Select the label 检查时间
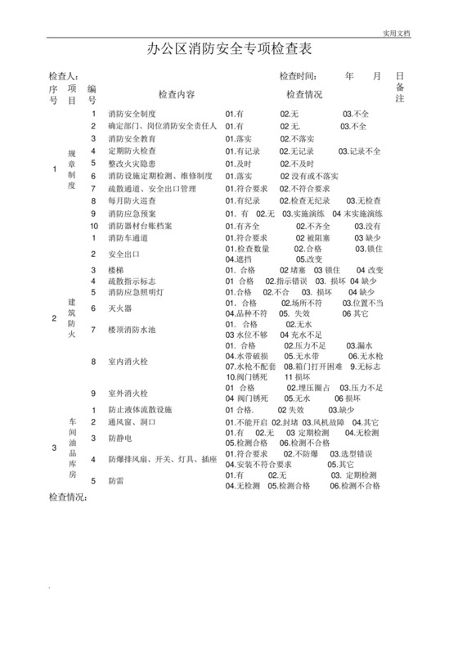[298, 77]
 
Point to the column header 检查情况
[303, 94]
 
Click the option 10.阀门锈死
[247, 377]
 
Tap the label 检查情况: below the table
[69, 497]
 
